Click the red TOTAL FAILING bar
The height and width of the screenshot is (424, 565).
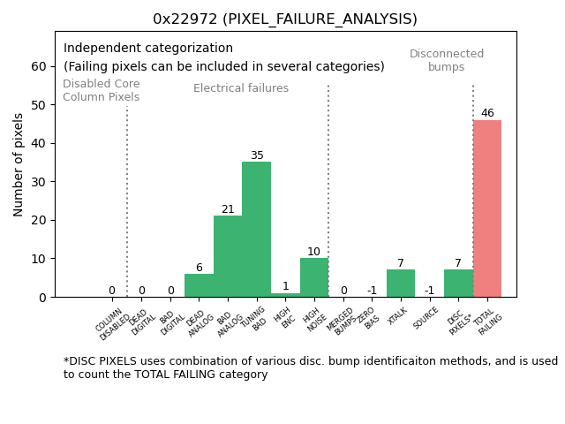click(487, 208)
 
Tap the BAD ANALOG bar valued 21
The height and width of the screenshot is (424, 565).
click(228, 256)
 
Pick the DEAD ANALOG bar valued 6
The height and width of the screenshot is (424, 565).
click(199, 285)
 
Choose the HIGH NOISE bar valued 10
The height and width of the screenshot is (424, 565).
click(314, 277)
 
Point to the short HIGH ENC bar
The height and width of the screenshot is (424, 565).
click(285, 295)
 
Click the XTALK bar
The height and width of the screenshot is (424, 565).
click(401, 284)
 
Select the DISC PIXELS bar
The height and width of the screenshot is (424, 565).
click(458, 284)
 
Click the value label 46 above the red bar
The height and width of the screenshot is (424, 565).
click(487, 113)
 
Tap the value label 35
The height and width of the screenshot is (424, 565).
click(257, 155)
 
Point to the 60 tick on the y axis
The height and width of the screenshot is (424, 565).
click(40, 66)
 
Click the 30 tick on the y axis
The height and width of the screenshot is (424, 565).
click(40, 182)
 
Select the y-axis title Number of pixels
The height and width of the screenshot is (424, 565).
click(19, 164)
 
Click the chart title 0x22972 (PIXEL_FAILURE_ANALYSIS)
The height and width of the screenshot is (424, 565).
click(285, 19)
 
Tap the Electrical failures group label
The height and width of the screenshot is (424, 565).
click(241, 88)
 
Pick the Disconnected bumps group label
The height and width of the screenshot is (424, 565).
click(447, 60)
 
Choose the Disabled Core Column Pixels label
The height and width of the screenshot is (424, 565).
click(101, 90)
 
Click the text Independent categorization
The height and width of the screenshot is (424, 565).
click(148, 48)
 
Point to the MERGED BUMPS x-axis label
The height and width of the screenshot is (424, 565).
click(343, 322)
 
